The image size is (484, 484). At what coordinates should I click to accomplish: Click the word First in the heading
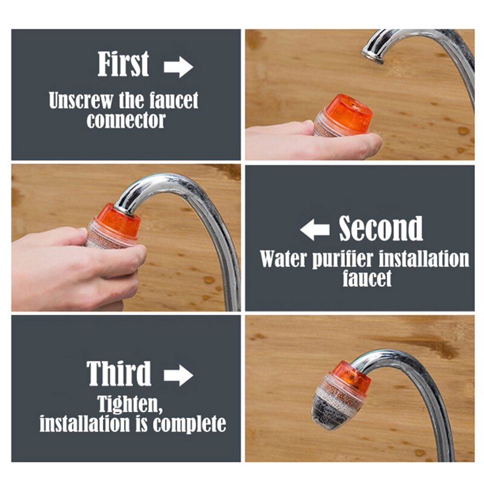tap(123, 65)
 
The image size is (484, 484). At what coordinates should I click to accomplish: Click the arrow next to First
tap(178, 67)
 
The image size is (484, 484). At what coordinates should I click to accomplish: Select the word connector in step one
tap(126, 120)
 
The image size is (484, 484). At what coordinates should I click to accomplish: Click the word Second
tap(381, 229)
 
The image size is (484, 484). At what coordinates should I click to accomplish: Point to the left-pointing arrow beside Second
tap(315, 230)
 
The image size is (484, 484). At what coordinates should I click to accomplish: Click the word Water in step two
tap(283, 258)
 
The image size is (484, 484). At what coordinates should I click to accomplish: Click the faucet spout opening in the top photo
tap(372, 59)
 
